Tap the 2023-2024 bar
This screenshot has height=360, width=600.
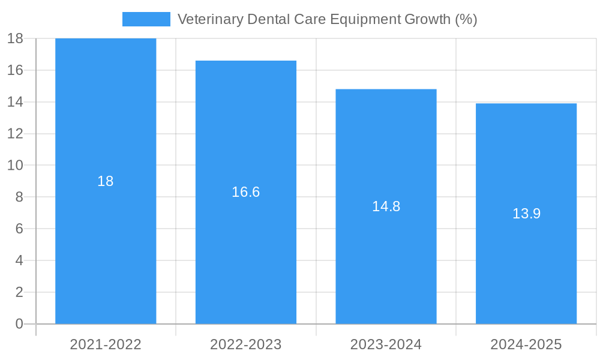386,264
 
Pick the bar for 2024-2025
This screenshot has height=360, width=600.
526,270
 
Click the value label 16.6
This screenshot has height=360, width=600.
246,192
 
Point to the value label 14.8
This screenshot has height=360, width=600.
386,206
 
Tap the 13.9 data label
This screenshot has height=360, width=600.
526,214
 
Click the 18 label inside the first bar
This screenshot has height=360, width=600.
106,181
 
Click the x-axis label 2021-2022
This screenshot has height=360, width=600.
106,344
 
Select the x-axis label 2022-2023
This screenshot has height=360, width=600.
246,344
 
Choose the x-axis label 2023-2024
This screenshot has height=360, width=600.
386,344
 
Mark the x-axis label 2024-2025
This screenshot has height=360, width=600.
526,344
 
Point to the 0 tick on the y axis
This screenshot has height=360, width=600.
19,324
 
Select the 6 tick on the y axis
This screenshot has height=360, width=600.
19,229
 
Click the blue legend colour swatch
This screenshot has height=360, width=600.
146,19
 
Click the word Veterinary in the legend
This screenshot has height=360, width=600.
208,19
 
